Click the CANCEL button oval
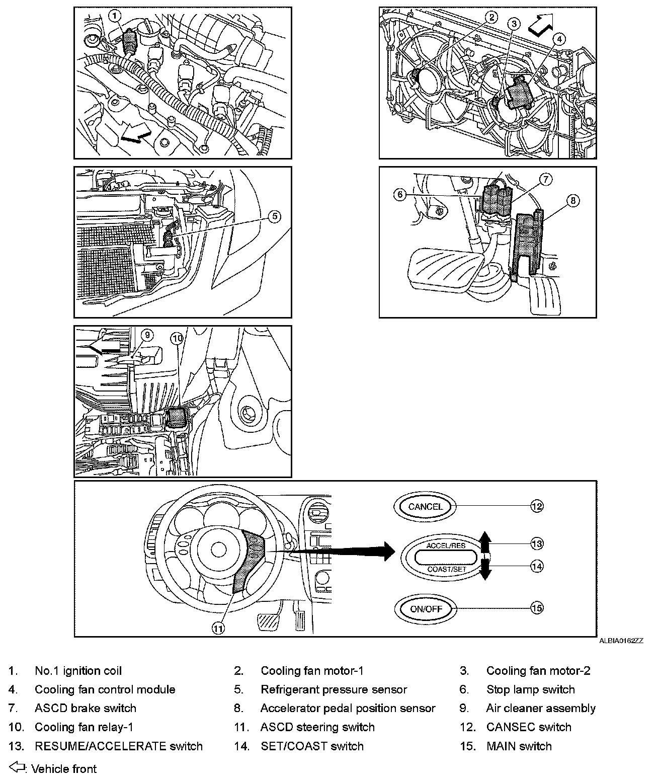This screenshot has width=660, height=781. pos(425,506)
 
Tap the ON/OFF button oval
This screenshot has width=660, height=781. pos(426,608)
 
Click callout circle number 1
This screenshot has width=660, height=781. pos(115,16)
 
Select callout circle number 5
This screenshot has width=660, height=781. pos(274,217)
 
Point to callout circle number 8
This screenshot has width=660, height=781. pos(572,201)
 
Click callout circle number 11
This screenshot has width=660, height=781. pos(217,628)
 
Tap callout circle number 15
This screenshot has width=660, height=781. pos(537,608)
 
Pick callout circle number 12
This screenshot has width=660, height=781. pos(537,506)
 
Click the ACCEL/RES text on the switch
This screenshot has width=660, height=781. pos(446,545)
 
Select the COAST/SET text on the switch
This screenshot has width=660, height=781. pos(447,569)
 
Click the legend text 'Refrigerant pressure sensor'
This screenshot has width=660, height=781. pos(334,689)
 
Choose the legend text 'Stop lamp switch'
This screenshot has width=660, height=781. pos(530,689)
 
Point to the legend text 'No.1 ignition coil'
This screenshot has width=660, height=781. pos(78,671)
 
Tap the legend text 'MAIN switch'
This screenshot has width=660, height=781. pos(519,746)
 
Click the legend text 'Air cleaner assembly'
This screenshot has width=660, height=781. pos(541,709)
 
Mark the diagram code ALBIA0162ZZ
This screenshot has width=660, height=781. pos(621,641)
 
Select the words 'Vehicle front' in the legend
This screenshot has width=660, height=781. pos(64,769)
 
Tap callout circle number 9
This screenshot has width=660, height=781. pos(146,335)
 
